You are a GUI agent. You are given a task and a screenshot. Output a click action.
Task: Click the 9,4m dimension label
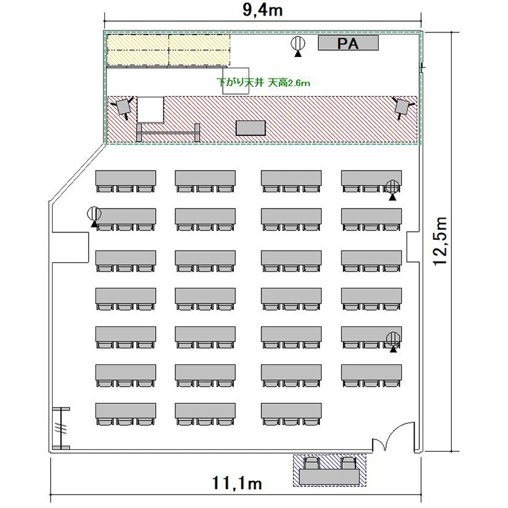click(x=262, y=10)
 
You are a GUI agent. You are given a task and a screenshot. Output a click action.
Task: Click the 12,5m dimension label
click(x=440, y=241)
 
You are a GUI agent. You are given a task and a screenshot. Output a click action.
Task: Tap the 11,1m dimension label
click(x=237, y=483)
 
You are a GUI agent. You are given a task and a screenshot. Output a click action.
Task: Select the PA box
click(x=348, y=43)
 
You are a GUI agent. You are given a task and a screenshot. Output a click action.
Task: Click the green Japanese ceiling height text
click(x=263, y=83)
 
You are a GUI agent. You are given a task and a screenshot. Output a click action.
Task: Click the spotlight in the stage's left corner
click(x=122, y=106)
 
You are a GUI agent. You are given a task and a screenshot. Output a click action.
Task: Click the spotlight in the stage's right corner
click(x=402, y=107)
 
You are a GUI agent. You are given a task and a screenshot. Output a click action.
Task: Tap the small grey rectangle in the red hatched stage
click(x=251, y=128)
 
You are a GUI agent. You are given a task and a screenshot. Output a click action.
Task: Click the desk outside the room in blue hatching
click(x=329, y=477)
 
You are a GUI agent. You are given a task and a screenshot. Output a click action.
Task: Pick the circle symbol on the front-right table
click(x=393, y=187)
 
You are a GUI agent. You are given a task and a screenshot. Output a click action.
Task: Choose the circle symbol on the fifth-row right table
click(x=393, y=339)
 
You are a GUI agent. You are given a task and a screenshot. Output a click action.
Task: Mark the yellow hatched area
click(x=169, y=49)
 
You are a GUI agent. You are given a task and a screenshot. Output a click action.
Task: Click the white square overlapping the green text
click(x=236, y=81)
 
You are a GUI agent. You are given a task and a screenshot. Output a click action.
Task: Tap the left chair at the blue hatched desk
click(x=312, y=463)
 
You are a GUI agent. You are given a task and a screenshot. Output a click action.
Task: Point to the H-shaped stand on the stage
click(x=168, y=133)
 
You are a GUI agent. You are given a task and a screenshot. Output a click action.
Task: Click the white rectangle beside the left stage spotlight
click(x=150, y=110)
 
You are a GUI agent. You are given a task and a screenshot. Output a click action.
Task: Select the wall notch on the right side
click(x=414, y=247)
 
